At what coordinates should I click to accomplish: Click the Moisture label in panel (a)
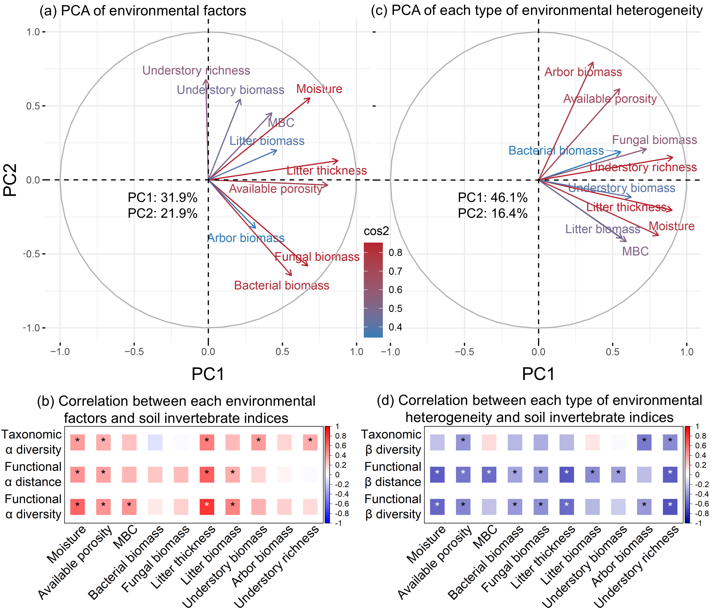coord(319,89)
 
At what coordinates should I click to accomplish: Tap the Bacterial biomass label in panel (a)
coord(282,285)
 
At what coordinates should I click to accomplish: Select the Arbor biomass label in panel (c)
coord(583,72)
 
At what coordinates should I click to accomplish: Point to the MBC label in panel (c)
coord(635,251)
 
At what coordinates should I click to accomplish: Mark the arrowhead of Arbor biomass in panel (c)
coord(593,63)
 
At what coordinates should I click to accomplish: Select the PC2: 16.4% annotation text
coord(493,213)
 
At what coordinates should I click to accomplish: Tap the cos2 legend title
coord(376,231)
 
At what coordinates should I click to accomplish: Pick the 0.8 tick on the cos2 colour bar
coord(395,253)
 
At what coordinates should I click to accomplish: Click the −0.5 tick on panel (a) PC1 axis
coord(134,352)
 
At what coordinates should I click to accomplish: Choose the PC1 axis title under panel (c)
coord(538,374)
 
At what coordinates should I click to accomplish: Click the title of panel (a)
coord(143,11)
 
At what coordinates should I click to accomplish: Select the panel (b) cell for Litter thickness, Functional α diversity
coord(207,507)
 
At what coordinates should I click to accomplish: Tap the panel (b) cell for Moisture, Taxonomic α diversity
coord(78,442)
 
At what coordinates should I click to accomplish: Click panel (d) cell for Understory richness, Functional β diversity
coord(670,507)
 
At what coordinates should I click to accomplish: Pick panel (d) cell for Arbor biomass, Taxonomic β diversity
coord(644,442)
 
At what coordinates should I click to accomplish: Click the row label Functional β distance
coord(393,474)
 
